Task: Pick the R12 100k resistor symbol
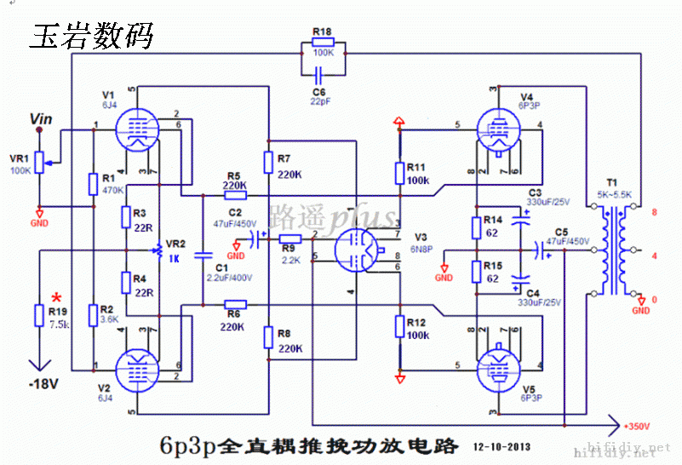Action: (398, 328)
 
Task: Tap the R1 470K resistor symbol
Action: (92, 184)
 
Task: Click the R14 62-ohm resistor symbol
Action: (477, 226)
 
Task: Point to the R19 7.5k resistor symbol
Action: (38, 315)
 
